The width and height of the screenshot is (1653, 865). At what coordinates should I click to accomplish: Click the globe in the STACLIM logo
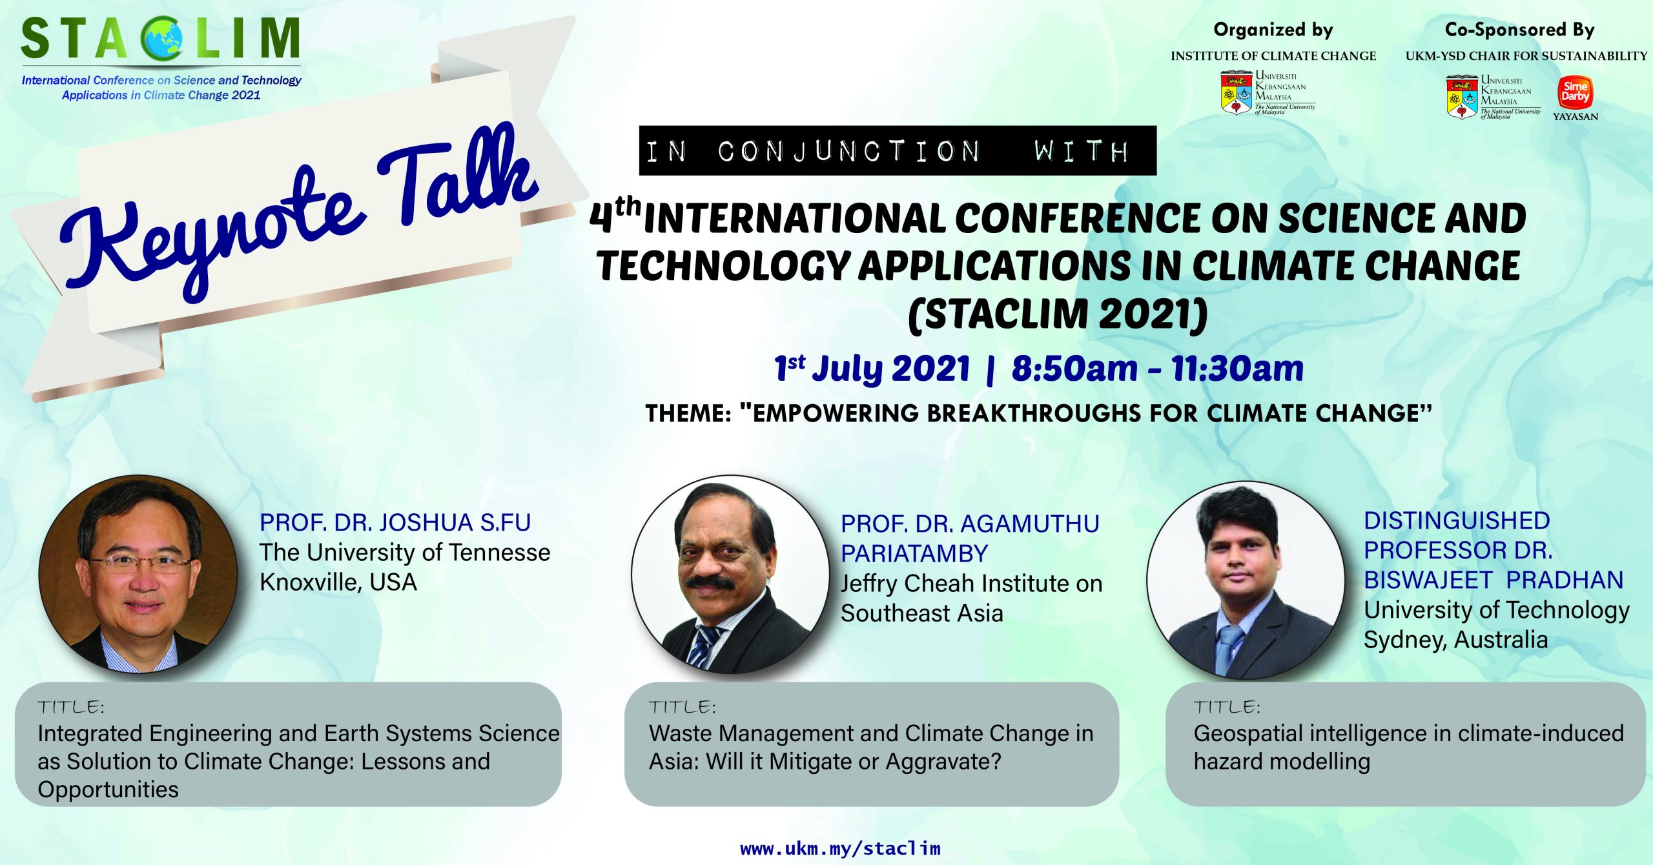(x=163, y=39)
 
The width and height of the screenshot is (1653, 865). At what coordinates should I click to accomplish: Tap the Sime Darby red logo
(x=1575, y=92)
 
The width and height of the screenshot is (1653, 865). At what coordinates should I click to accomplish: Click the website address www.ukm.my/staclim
(x=840, y=848)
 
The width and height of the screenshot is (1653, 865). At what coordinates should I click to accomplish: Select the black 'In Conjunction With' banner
(x=898, y=150)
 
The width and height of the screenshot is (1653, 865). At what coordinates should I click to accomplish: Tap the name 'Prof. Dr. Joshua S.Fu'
(x=395, y=522)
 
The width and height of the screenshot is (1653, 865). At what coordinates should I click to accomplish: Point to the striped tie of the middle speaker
(x=702, y=646)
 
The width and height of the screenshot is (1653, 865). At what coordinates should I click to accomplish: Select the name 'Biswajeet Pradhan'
(x=1494, y=580)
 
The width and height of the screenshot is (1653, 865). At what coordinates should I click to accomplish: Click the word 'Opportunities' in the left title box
(x=108, y=789)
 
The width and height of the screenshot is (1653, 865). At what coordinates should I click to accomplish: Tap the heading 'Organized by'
(x=1273, y=30)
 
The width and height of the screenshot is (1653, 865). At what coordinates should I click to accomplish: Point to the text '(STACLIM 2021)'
(x=1058, y=314)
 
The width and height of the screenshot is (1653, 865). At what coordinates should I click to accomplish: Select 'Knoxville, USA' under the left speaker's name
(x=338, y=582)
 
